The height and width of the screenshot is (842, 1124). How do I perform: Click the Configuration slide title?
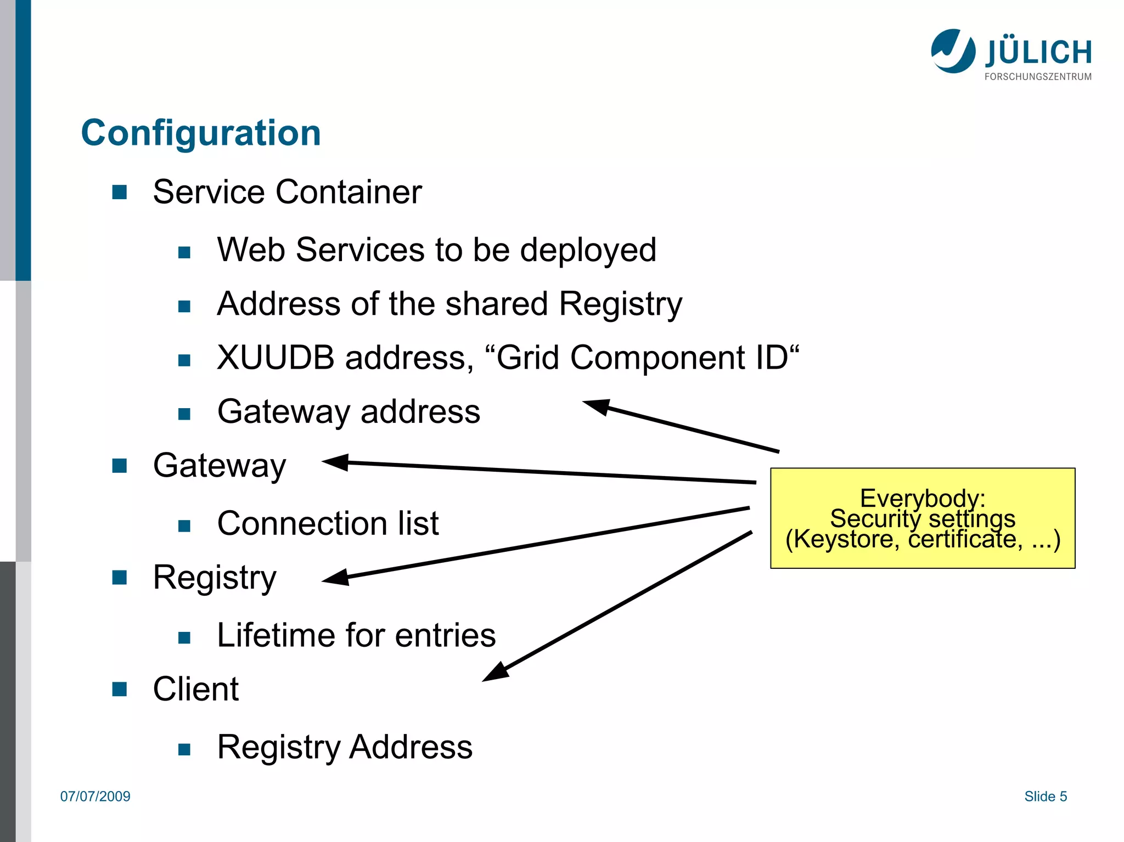(201, 133)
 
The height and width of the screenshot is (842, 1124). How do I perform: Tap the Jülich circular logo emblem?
(953, 51)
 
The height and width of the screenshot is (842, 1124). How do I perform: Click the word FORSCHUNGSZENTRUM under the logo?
(1038, 77)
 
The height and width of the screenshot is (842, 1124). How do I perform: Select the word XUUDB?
(276, 358)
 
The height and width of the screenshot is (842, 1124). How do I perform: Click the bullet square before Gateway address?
(184, 414)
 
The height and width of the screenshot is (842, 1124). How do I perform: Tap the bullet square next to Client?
(120, 689)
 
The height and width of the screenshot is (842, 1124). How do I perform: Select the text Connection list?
(328, 523)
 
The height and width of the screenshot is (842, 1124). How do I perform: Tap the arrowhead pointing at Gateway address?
(597, 406)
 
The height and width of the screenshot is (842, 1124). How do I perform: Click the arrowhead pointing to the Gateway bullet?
(335, 462)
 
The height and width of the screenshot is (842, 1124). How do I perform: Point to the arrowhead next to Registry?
(335, 578)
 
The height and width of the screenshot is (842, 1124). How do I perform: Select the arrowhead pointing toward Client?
(495, 673)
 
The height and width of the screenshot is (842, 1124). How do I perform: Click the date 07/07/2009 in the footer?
(95, 796)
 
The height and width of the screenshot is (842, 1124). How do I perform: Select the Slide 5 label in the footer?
(1046, 796)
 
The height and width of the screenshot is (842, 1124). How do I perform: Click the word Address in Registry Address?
(411, 747)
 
